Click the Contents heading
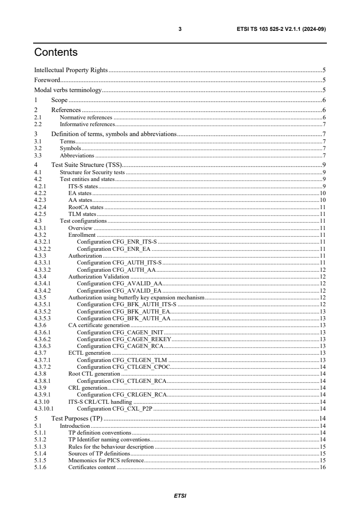[x=56, y=53]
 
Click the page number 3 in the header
[x=180, y=29]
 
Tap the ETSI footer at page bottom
[x=180, y=496]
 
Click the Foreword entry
[x=48, y=80]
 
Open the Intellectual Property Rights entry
[x=71, y=70]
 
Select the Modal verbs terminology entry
[x=68, y=90]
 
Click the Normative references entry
[x=86, y=117]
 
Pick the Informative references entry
[x=87, y=124]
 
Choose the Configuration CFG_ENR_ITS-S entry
[x=117, y=242]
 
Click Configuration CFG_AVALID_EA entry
[x=119, y=290]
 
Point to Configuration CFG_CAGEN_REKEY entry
[x=124, y=339]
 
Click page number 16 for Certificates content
[x=322, y=467]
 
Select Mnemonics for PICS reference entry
[x=106, y=460]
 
